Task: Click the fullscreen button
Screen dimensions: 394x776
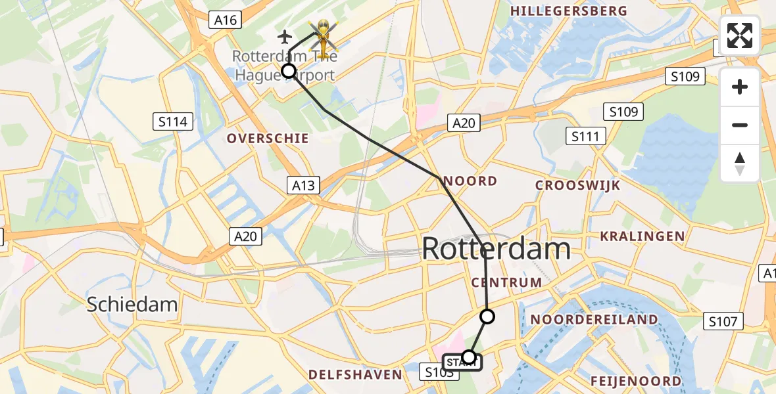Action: click(740, 35)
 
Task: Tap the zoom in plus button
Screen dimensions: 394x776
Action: click(740, 87)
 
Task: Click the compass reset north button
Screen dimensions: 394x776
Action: click(740, 164)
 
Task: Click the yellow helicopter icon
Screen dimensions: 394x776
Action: click(323, 35)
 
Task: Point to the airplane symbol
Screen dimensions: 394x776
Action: click(285, 35)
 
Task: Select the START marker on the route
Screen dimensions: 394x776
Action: click(462, 362)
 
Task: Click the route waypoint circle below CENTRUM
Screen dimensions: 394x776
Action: click(487, 317)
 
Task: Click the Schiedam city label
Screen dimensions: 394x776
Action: click(133, 304)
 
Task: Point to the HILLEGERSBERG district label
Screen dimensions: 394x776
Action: click(569, 11)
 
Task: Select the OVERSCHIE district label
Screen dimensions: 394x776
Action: click(268, 139)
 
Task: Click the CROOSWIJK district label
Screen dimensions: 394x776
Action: click(577, 185)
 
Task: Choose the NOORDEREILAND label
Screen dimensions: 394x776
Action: click(594, 320)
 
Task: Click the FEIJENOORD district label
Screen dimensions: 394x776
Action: click(636, 381)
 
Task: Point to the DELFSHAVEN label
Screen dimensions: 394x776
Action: click(355, 375)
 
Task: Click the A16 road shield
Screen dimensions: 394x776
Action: click(225, 20)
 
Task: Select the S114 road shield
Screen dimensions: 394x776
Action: click(173, 121)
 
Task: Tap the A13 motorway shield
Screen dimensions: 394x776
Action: click(303, 186)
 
